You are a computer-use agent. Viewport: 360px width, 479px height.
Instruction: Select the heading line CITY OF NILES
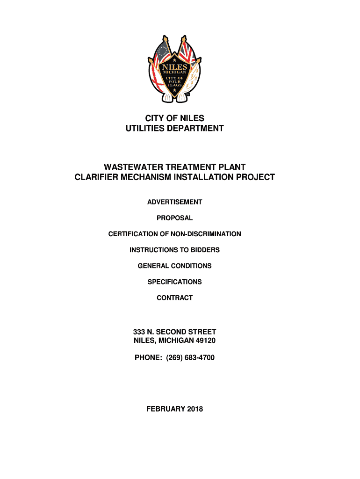click(174, 118)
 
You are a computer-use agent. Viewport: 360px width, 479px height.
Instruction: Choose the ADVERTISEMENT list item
click(174, 202)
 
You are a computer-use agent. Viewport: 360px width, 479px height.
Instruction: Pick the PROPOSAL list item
click(174, 218)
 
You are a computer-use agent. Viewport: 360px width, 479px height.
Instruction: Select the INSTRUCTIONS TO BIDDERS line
click(174, 250)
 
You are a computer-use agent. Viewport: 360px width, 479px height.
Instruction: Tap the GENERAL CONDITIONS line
click(174, 266)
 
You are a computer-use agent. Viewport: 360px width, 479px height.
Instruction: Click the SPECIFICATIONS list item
click(174, 282)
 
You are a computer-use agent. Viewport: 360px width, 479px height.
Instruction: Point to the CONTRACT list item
click(174, 298)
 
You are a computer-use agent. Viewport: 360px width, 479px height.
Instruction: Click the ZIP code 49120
click(205, 341)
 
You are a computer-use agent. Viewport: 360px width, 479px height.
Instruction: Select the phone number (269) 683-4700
click(187, 358)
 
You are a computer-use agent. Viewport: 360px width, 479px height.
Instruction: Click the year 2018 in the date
click(194, 409)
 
